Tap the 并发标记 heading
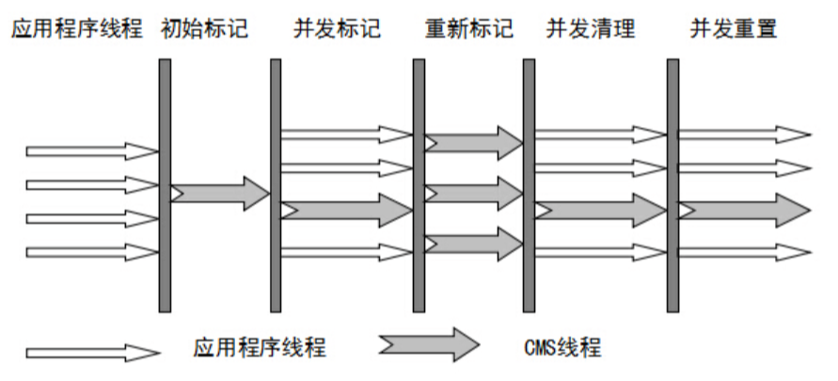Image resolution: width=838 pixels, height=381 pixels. coord(337,28)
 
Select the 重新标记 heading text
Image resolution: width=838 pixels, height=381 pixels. coord(467,28)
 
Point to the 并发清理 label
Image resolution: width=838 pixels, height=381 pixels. coord(590,28)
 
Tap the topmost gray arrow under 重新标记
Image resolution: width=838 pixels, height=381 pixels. coord(473,143)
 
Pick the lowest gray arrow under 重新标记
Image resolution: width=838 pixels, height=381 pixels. coord(473,244)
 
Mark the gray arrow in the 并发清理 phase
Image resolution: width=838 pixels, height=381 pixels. coord(600,210)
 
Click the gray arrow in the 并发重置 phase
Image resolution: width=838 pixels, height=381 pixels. coord(744,210)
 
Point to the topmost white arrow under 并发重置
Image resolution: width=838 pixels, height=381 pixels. coord(744,135)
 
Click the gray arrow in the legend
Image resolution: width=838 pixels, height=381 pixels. coord(429,344)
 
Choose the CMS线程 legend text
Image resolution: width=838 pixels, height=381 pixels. coord(562,348)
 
